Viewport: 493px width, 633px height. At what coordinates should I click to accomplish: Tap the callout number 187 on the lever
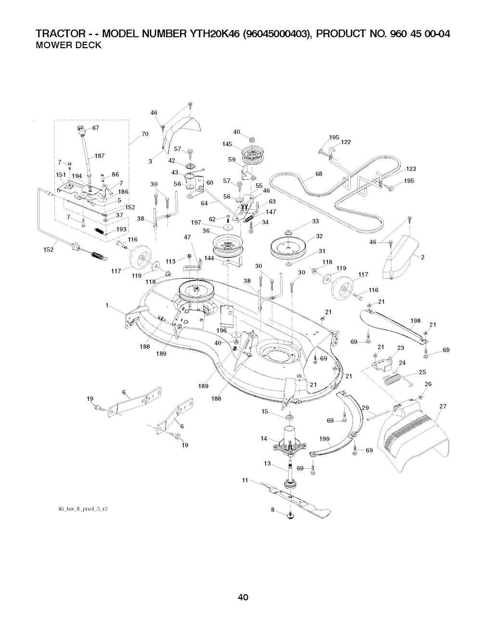[x=100, y=155]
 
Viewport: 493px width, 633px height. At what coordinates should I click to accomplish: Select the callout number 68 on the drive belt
[x=318, y=174]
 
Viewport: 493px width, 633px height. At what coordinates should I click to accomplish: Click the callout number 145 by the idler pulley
[x=228, y=144]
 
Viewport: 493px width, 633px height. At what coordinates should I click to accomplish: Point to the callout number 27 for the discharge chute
[x=443, y=406]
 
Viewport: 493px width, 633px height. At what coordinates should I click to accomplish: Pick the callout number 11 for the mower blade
[x=245, y=480]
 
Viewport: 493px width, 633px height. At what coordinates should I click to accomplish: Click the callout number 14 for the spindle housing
[x=264, y=438]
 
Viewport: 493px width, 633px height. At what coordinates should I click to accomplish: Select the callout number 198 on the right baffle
[x=415, y=321]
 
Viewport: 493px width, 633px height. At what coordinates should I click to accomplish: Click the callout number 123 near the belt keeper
[x=411, y=168]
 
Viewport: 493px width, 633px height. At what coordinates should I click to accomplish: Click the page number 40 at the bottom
[x=243, y=598]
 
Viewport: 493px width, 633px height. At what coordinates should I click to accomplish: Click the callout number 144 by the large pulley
[x=209, y=258]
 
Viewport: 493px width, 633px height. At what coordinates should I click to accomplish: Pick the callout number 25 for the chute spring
[x=422, y=372]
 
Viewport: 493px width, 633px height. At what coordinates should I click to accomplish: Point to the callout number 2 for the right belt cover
[x=422, y=257]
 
